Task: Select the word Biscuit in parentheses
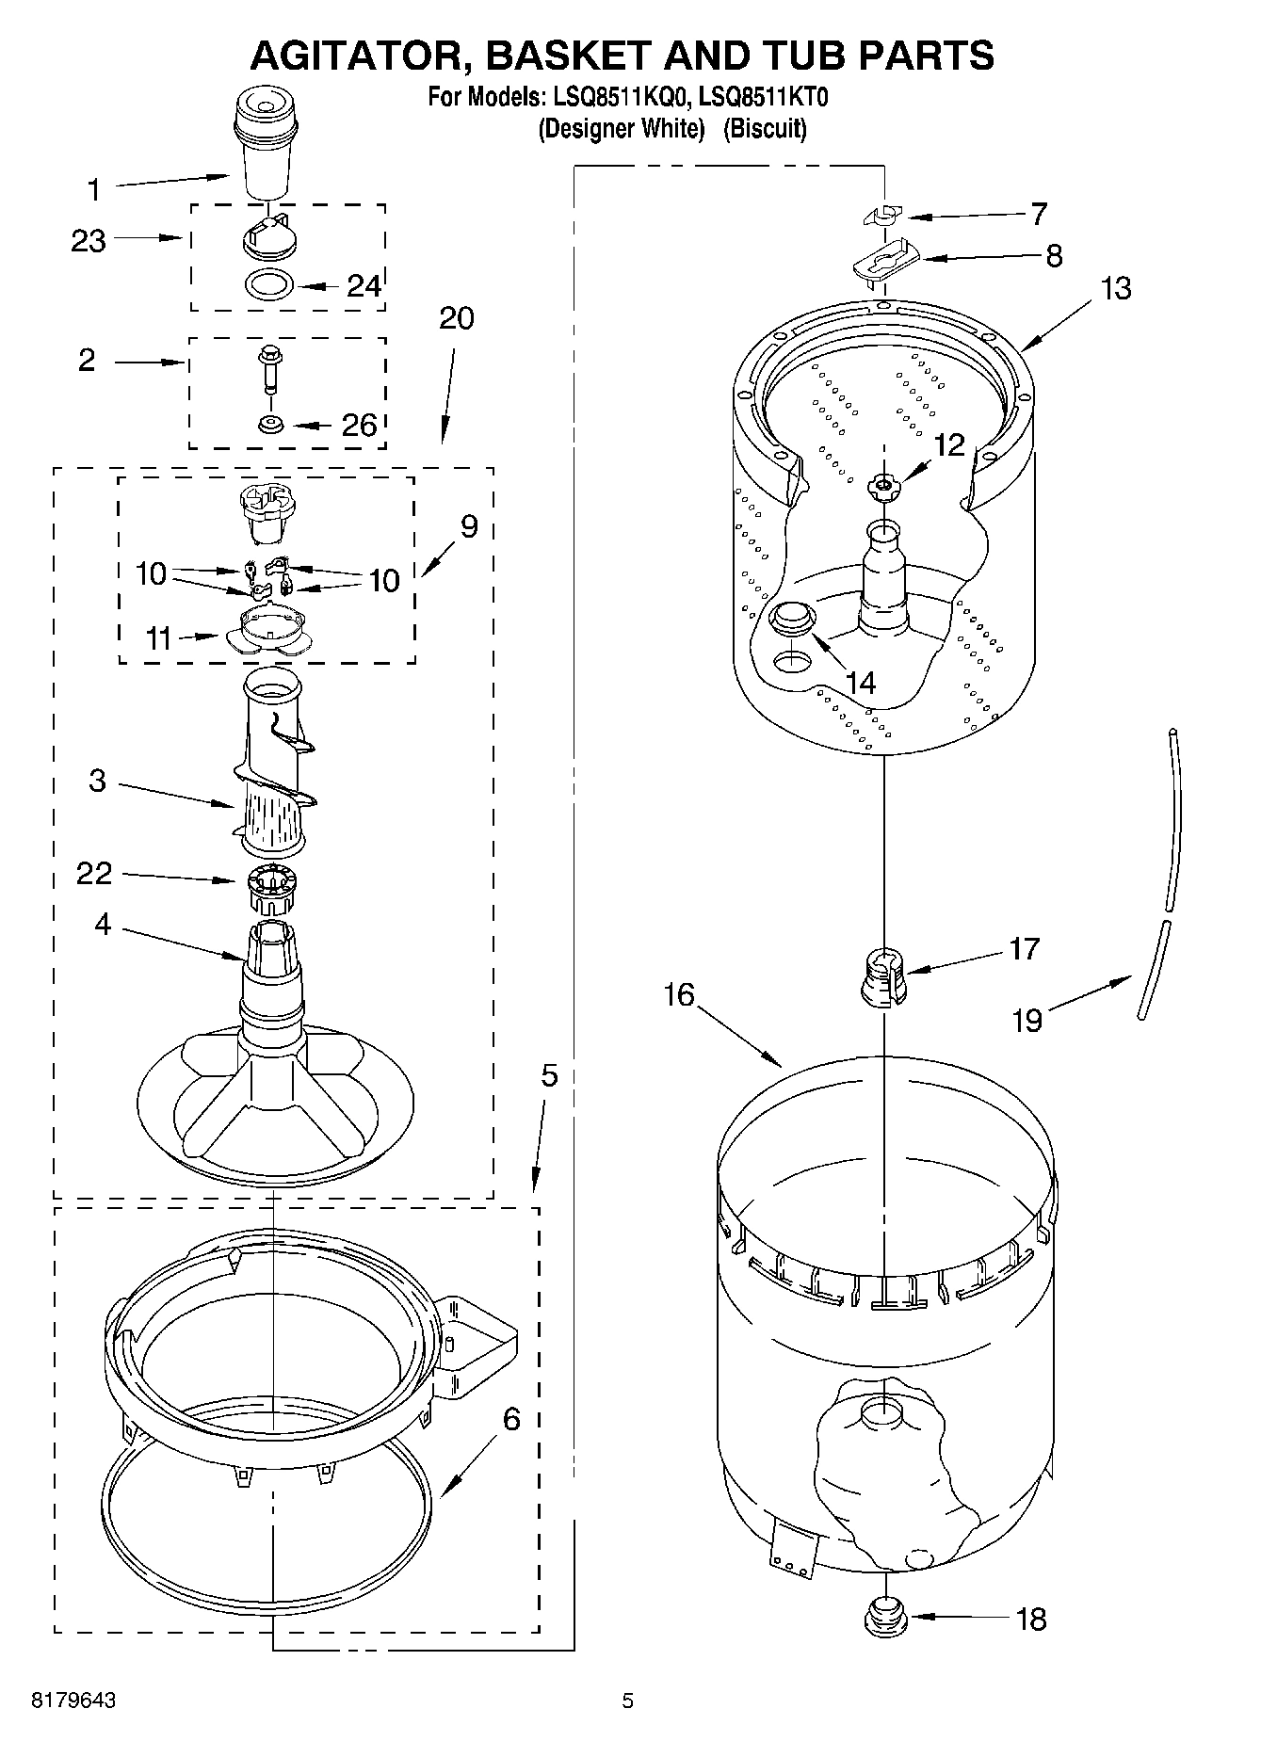[x=765, y=128]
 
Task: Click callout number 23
[x=89, y=241]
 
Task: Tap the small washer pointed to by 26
[x=271, y=425]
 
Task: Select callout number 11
[x=158, y=639]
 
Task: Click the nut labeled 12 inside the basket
[x=883, y=486]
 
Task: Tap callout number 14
[x=861, y=683]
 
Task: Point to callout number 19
[x=1027, y=1020]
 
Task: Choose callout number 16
[x=678, y=994]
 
